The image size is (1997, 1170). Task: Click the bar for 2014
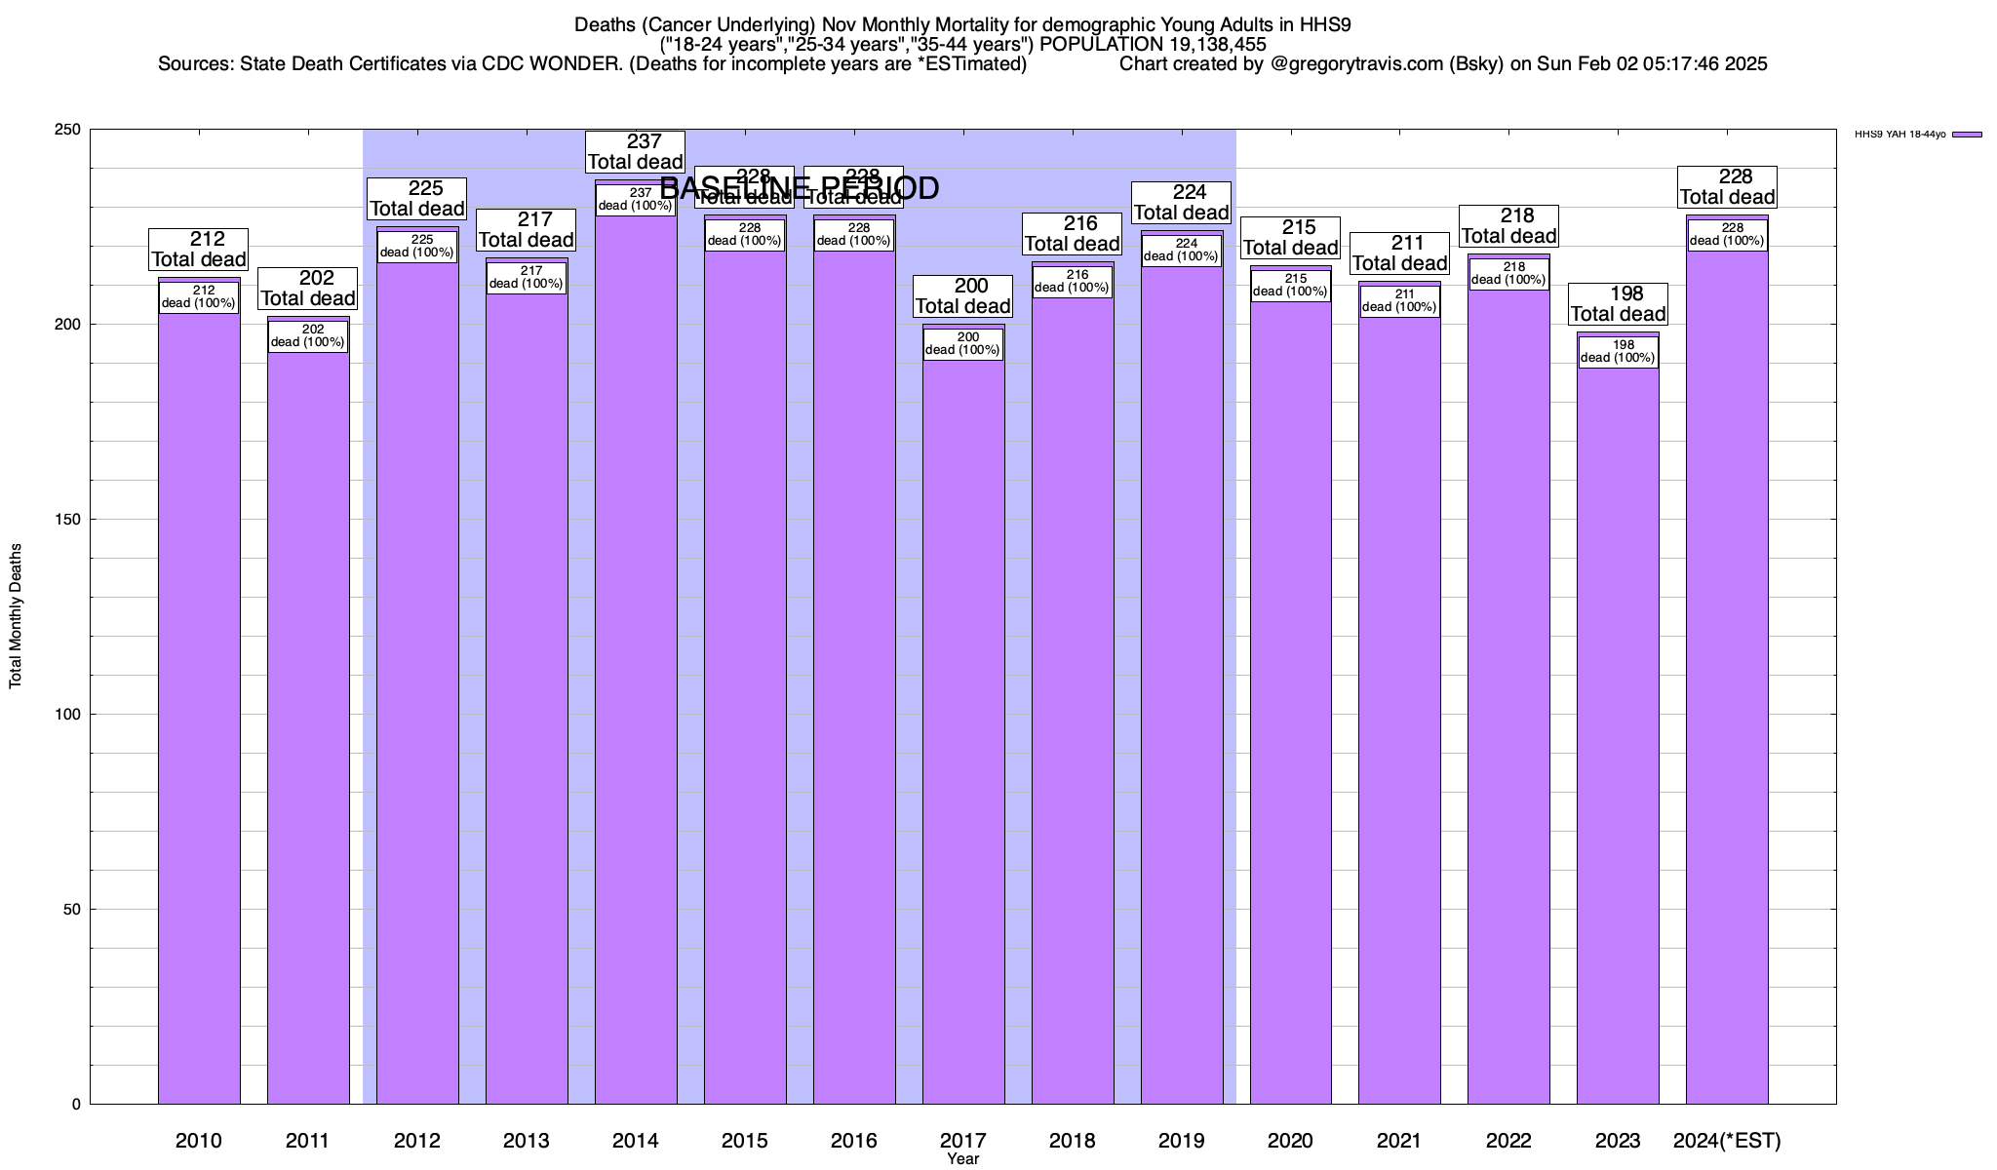636,663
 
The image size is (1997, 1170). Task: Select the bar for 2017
963,731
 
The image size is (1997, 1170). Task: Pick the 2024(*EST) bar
1727,682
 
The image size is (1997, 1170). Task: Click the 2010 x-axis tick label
199,1140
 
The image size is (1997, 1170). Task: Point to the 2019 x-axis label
1182,1140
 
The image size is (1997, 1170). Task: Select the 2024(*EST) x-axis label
1727,1140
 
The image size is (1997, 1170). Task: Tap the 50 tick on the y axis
73,910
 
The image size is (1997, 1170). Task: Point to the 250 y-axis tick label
69,130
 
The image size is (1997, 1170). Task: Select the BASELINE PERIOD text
800,188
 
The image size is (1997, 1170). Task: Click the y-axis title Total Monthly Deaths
16,616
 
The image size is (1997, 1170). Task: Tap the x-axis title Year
963,1159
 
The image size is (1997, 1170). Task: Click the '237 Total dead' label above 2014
636,152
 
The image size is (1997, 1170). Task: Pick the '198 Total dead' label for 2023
1619,304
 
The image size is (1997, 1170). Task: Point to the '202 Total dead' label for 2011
308,289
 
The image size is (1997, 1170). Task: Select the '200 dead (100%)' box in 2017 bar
963,344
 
